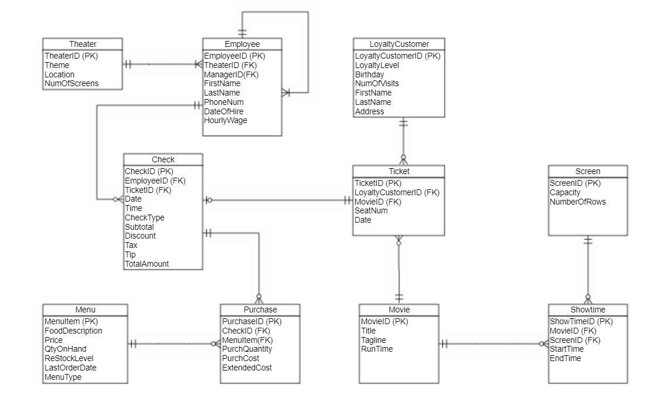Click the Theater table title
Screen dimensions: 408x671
coord(83,44)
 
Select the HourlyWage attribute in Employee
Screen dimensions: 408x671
coord(226,121)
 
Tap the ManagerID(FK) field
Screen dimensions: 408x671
coord(231,74)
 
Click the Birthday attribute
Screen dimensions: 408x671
coord(370,74)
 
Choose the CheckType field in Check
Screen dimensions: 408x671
coord(145,217)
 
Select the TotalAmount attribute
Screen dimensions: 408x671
coord(147,264)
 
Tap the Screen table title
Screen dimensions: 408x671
coord(587,171)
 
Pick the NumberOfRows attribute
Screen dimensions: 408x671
coord(578,202)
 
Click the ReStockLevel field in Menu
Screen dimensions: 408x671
coord(69,358)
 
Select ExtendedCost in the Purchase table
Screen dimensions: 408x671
coord(247,368)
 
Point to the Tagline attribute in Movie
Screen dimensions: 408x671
coord(374,340)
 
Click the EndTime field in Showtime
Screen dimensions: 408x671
coord(566,358)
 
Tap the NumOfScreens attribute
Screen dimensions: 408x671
coord(71,84)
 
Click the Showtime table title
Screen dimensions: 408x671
coord(587,310)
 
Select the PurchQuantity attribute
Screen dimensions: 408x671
coord(247,349)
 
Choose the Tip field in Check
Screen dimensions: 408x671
coord(130,254)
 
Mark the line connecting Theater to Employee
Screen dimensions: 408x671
coord(162,64)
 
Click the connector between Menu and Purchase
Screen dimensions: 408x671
coord(173,344)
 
